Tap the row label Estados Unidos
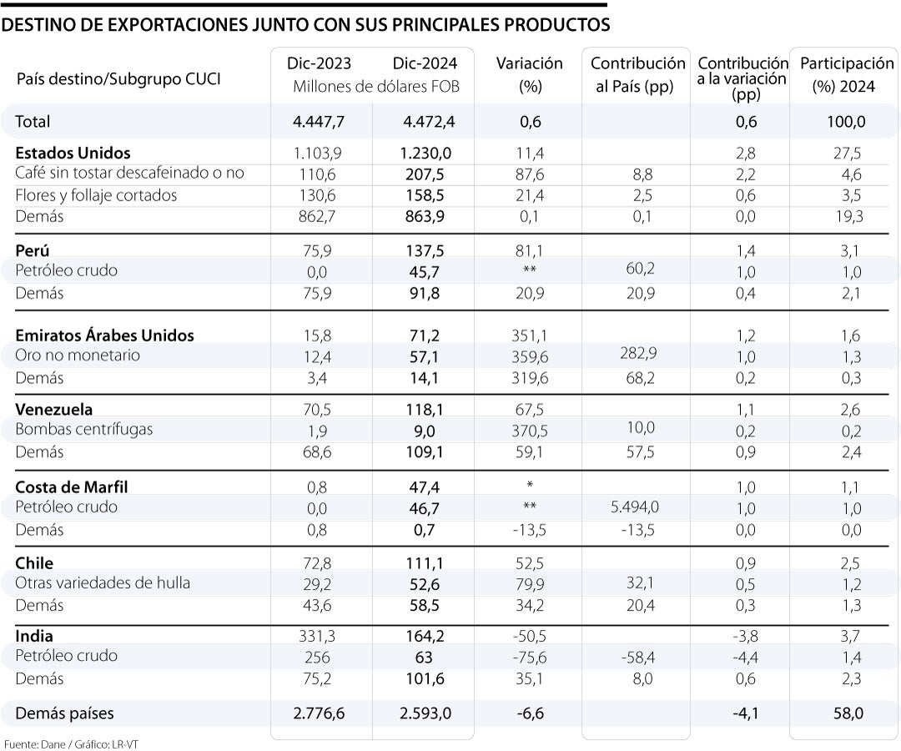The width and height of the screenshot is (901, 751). [x=73, y=153]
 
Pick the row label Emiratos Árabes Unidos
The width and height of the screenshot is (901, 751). [x=104, y=335]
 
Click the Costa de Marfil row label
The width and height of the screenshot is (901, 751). [x=72, y=487]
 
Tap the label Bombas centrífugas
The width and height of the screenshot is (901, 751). [x=83, y=430]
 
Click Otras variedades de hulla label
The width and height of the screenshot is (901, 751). [x=103, y=582]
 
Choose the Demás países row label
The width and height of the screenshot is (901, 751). [x=64, y=713]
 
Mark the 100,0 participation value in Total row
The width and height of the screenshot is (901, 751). [x=846, y=122]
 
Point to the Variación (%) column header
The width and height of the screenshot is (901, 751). [x=530, y=74]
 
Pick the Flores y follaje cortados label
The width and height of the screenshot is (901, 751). [x=96, y=195]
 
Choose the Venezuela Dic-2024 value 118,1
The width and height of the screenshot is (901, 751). [x=426, y=410]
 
